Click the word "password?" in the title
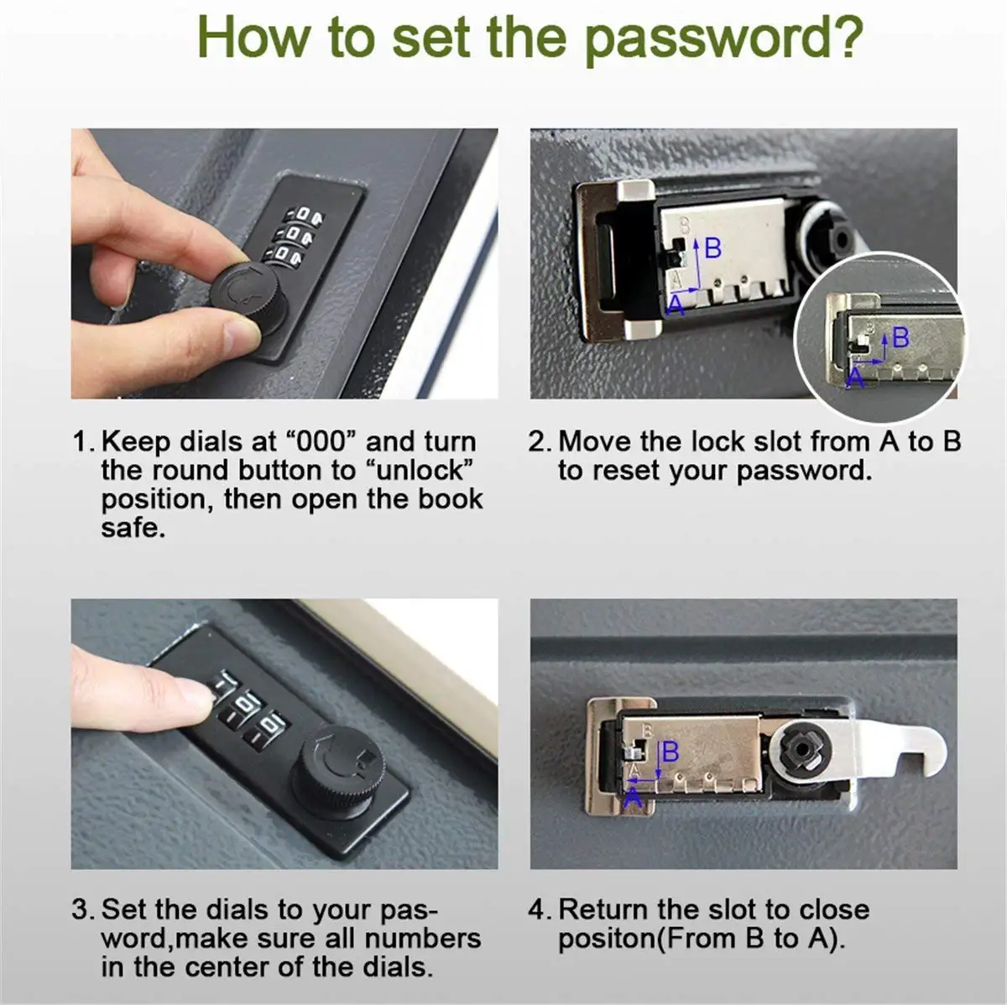pos(723,38)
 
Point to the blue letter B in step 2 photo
pos(712,248)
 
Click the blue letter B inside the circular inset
pos(900,338)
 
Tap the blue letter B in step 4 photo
pos(670,752)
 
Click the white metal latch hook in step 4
pos(906,747)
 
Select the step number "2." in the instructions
pos(540,441)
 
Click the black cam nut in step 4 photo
pos(800,747)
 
